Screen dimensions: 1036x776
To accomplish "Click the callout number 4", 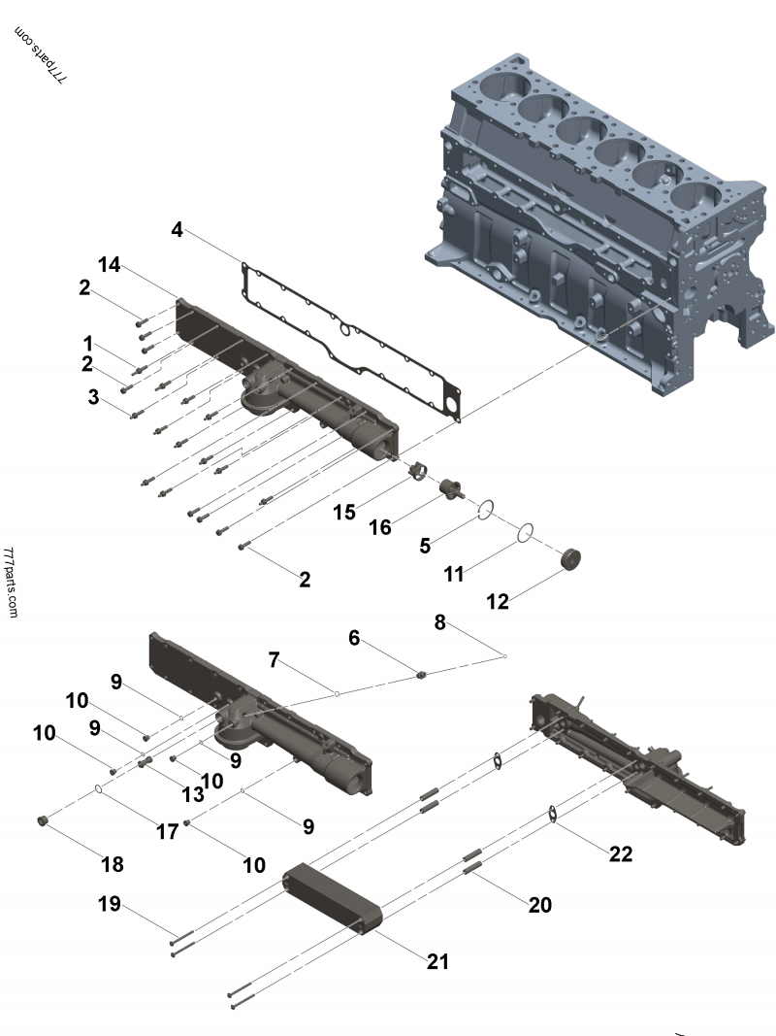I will tap(177, 230).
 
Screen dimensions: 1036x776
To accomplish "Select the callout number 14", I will tap(109, 264).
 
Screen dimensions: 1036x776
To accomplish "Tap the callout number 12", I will tap(497, 602).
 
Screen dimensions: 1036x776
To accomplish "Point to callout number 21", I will tap(437, 961).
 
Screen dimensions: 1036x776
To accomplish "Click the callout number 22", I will tap(620, 853).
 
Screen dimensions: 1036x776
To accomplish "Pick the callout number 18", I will tap(112, 864).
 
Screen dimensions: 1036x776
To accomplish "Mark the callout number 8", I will tap(439, 622).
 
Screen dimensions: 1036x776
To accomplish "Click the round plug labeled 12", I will tap(572, 560).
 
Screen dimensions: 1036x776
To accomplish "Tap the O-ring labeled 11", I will tap(525, 532).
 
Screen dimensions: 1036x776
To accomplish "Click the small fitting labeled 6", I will tap(423, 673).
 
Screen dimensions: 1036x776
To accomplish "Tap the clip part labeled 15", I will tap(418, 471).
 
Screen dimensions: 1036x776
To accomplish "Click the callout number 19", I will tap(109, 904).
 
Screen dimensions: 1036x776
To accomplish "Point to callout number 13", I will tap(193, 793).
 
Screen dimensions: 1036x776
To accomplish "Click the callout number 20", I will tap(539, 904).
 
